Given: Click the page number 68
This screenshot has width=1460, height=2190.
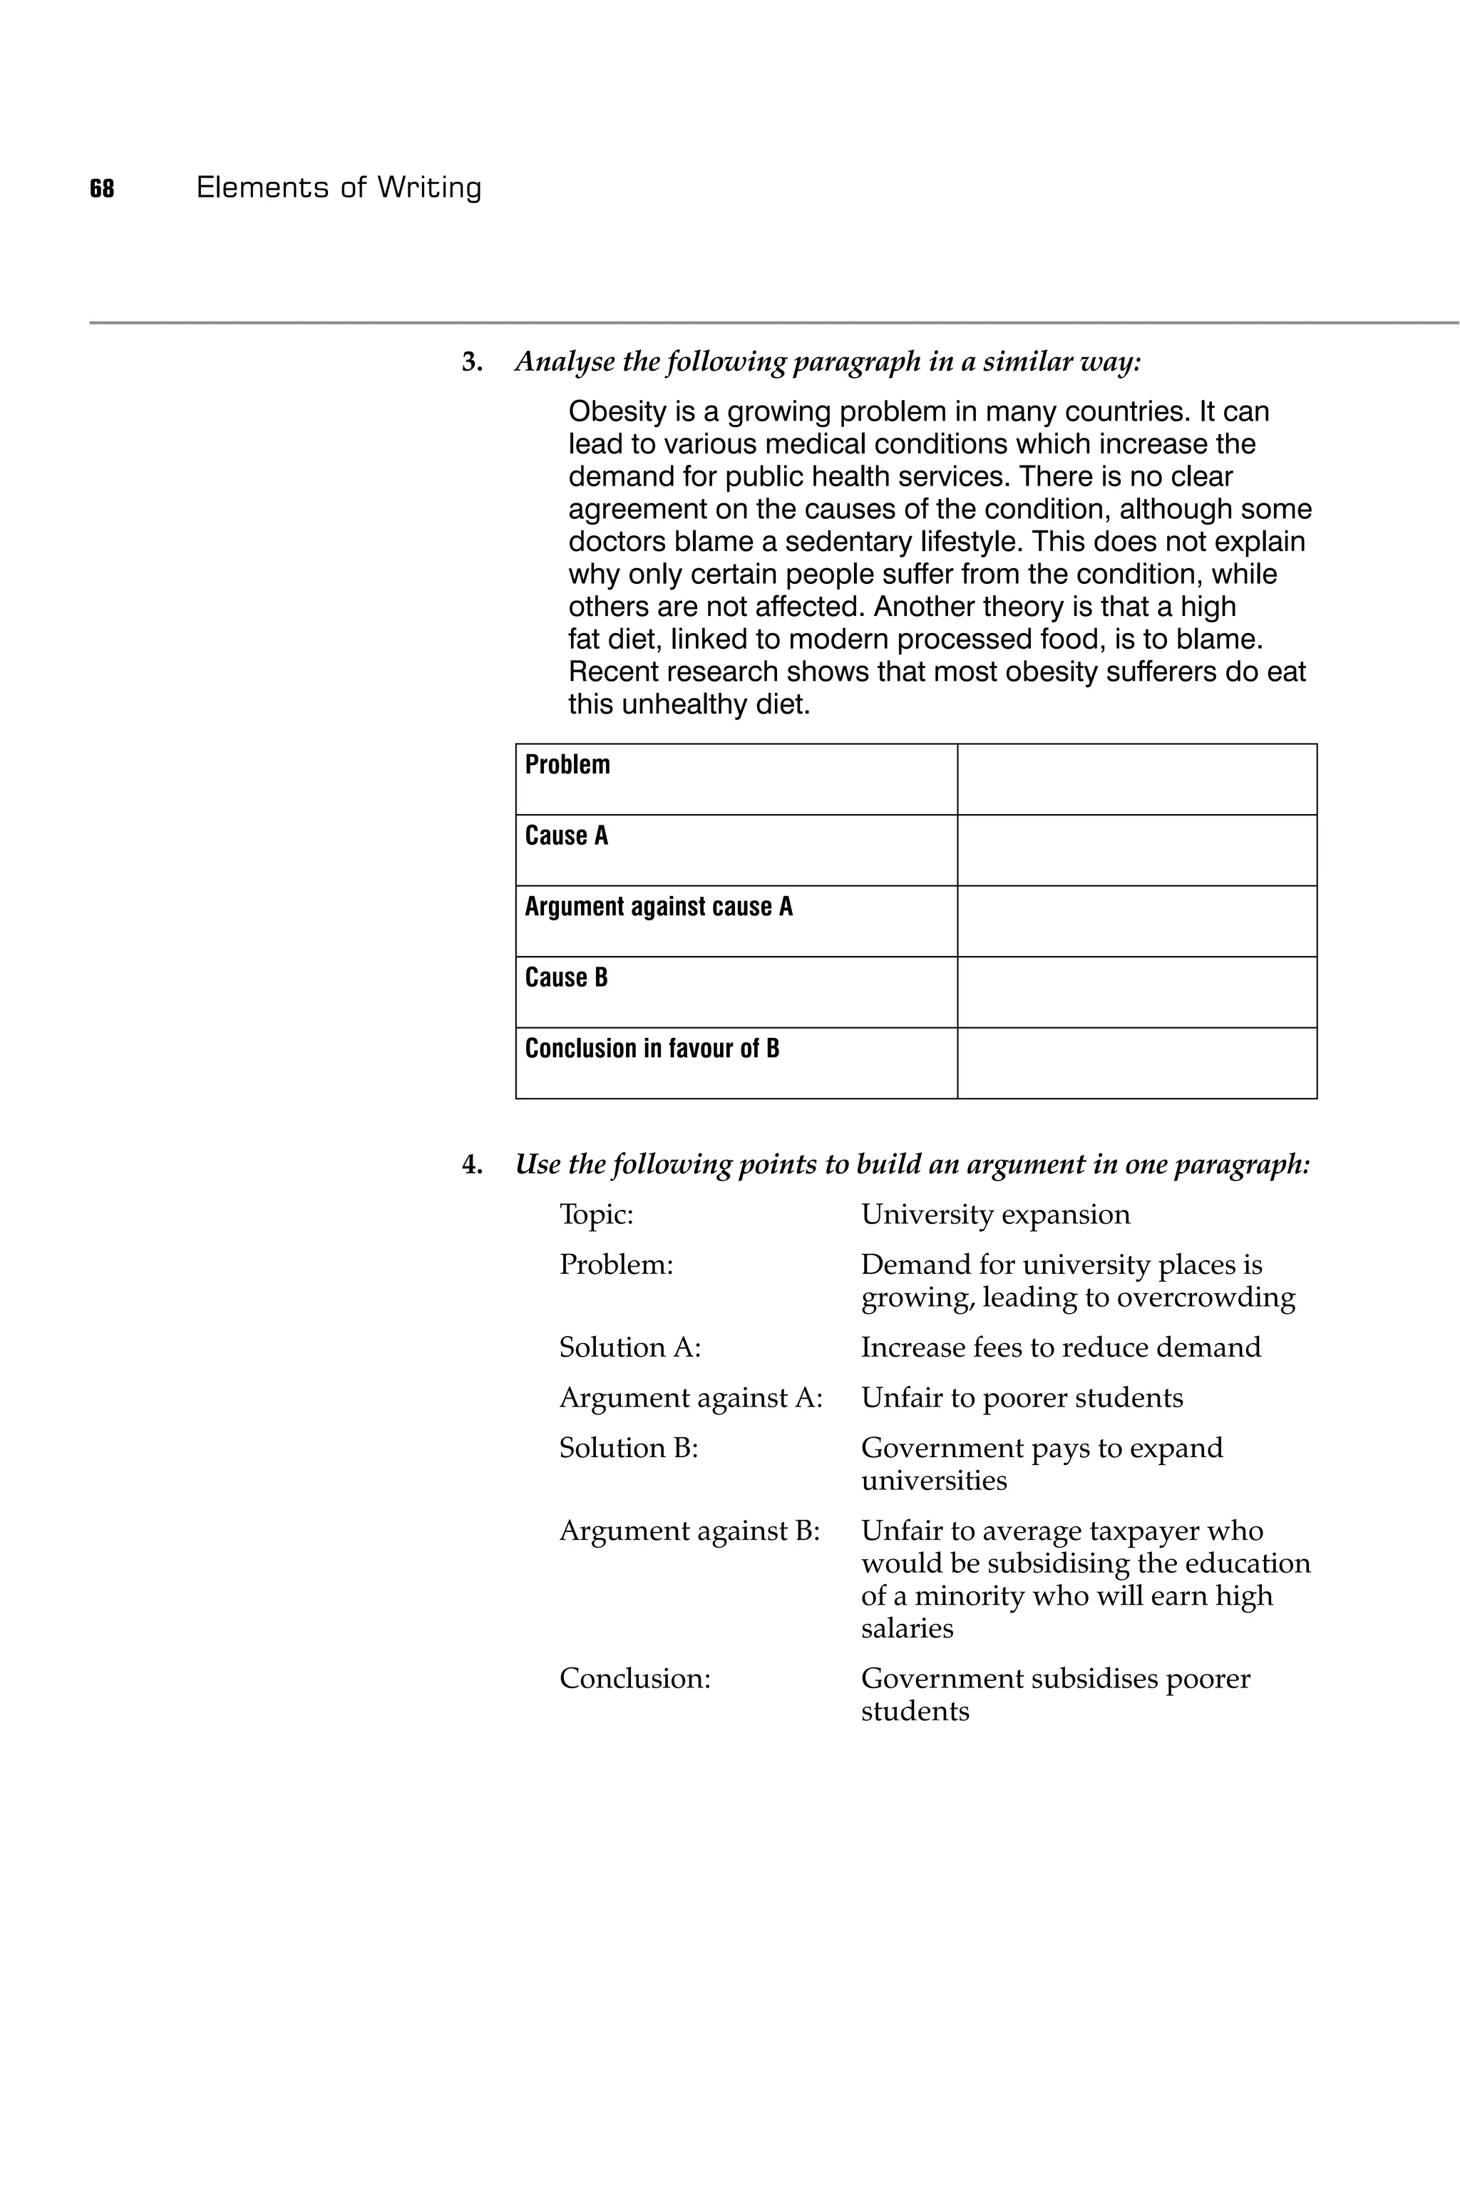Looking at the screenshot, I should (x=101, y=189).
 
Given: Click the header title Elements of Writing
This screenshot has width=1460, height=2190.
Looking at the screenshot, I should (x=339, y=188).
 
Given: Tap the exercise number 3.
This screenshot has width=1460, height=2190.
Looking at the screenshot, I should (x=472, y=362).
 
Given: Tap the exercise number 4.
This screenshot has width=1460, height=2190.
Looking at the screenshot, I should (x=472, y=1165).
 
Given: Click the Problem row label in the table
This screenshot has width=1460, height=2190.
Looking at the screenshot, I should (x=567, y=766).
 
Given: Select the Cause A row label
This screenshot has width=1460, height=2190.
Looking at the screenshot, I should (x=566, y=836).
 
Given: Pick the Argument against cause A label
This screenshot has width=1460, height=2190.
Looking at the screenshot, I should (x=658, y=907).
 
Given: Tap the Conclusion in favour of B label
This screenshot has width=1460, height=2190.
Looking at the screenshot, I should (x=652, y=1049).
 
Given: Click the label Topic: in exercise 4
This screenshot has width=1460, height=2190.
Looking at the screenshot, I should (x=596, y=1215).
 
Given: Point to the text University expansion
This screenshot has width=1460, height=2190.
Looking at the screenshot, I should (x=994, y=1215).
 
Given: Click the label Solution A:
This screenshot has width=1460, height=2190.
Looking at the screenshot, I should (x=629, y=1348).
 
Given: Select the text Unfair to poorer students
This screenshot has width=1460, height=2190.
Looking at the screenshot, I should (x=1022, y=1399).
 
